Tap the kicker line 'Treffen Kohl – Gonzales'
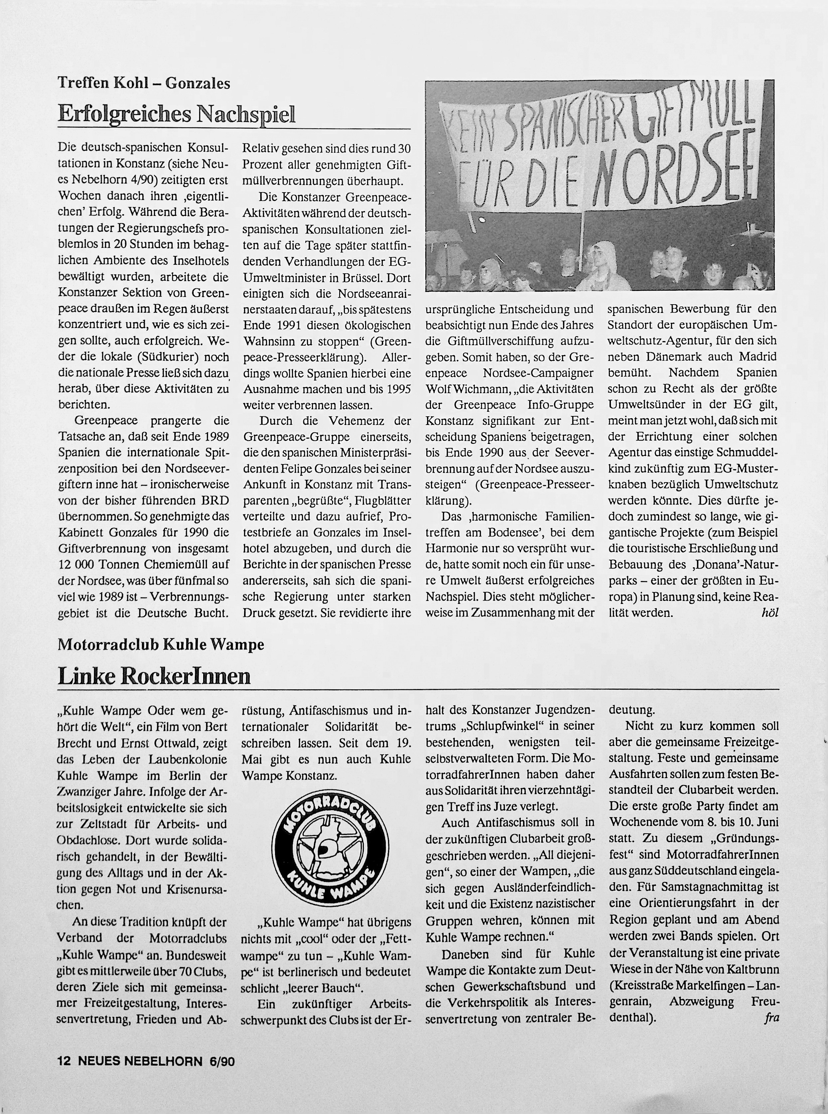tap(144, 83)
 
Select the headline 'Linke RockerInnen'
tap(154, 676)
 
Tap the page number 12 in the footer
tap(64, 1061)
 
